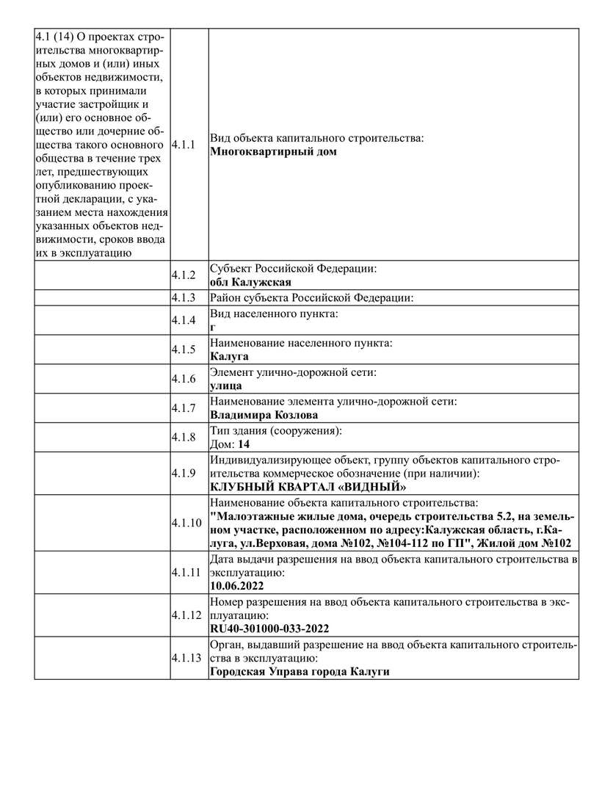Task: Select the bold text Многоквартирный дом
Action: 273,152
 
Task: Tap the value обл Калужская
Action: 250,283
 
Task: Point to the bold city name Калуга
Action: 229,356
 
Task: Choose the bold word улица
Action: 226,385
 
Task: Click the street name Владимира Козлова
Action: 264,415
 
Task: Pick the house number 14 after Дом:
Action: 244,444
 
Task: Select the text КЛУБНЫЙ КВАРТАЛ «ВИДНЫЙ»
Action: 308,487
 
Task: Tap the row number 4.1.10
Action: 186,523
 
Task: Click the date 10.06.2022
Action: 236,586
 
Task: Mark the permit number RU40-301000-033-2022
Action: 269,629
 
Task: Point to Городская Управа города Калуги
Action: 300,672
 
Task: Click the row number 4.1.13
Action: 186,658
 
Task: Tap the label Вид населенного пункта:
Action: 275,314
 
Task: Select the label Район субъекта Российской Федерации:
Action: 312,298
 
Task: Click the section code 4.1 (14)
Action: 64,37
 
